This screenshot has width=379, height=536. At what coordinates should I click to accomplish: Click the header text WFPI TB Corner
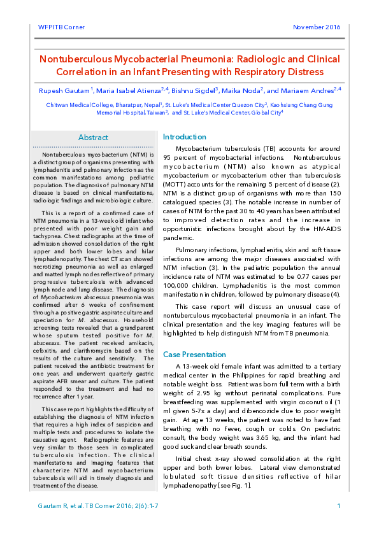click(57, 27)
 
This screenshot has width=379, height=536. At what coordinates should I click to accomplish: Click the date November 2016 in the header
click(317, 27)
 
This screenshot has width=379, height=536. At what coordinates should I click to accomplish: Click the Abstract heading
click(93, 138)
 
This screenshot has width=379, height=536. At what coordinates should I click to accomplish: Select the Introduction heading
click(185, 137)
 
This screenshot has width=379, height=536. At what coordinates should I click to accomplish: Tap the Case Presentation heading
click(194, 354)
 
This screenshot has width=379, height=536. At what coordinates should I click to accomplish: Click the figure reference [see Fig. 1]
click(231, 486)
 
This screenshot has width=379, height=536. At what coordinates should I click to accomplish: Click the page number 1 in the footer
click(339, 506)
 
